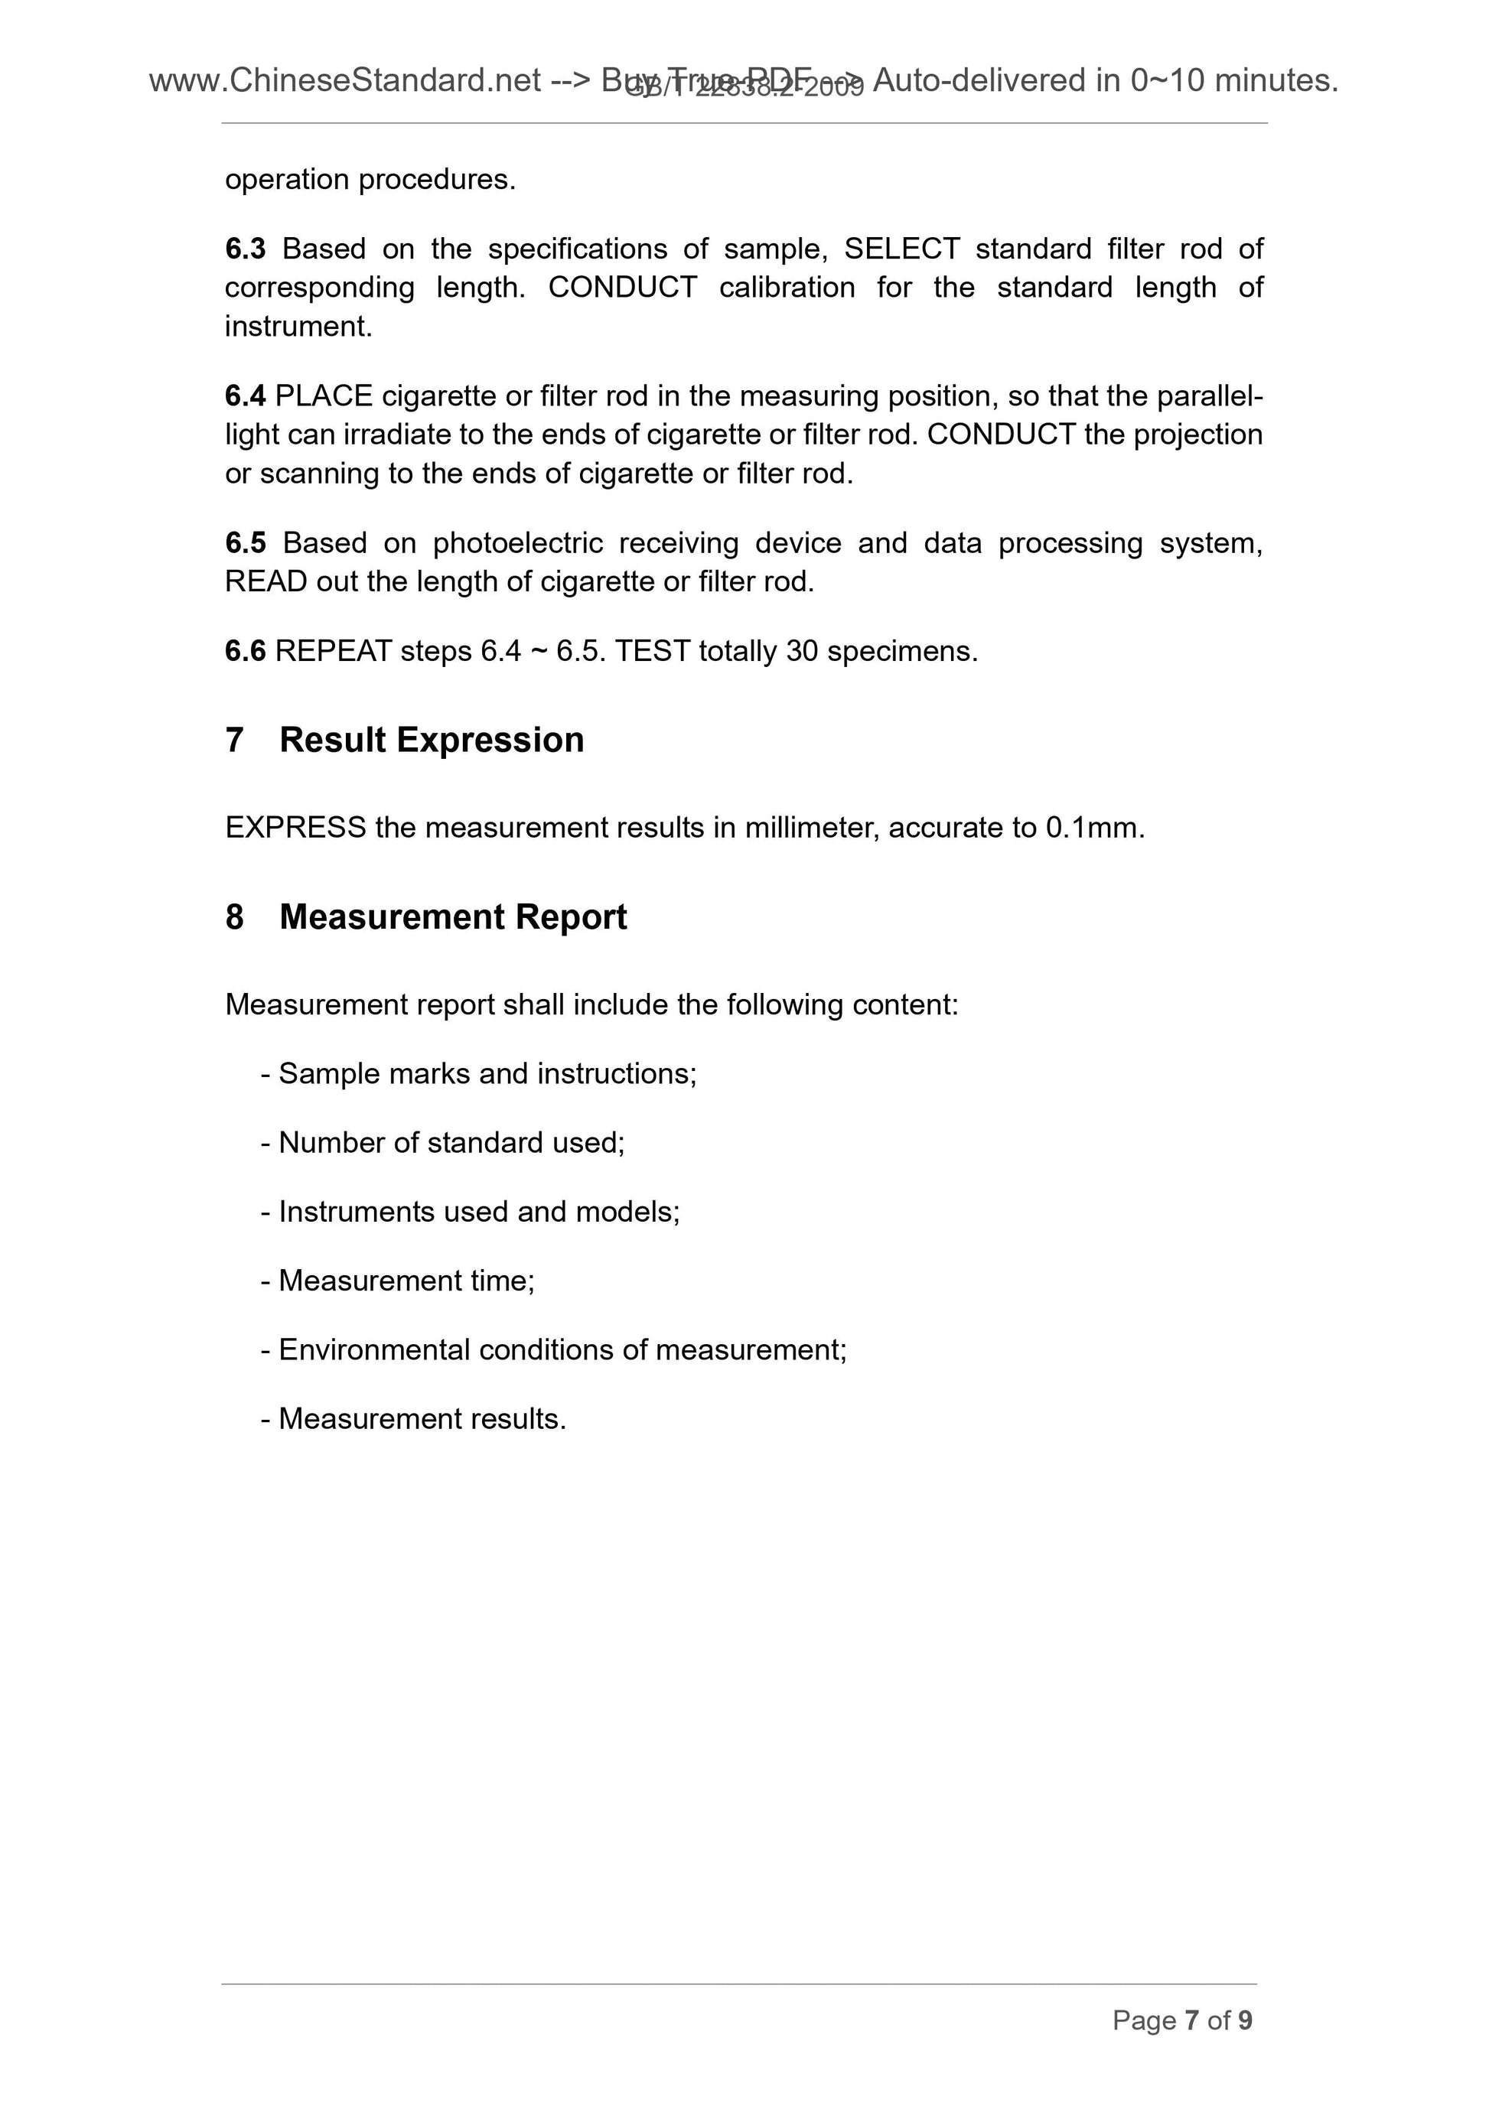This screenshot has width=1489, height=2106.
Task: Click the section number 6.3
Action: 245,249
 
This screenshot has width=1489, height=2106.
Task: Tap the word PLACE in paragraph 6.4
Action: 323,396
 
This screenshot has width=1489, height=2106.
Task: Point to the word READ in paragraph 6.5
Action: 266,581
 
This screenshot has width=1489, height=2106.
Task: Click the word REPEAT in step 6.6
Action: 333,651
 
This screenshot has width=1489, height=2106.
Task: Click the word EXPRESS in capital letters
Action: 295,828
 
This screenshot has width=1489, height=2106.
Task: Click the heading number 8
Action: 235,917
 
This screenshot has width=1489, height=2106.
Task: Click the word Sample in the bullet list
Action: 328,1074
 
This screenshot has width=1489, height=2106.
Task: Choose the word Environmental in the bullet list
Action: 373,1350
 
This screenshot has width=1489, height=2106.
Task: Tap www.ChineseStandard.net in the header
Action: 345,82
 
